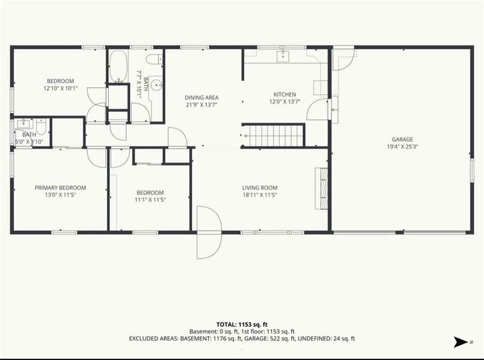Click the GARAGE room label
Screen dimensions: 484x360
(402, 140)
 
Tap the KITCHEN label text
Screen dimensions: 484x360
(285, 95)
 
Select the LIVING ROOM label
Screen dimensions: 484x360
(259, 188)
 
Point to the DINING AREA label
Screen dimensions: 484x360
(201, 97)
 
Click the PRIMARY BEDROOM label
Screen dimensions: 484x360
(60, 188)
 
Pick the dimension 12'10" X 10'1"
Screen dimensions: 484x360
(60, 88)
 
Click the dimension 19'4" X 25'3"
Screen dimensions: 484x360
(402, 147)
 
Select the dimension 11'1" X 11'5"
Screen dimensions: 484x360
(150, 200)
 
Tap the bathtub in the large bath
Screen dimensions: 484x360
(118, 66)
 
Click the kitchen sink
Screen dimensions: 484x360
(283, 56)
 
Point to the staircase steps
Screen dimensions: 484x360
(273, 135)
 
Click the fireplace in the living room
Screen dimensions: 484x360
(321, 188)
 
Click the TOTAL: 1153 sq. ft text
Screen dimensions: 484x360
(242, 325)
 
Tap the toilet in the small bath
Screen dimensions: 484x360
(41, 126)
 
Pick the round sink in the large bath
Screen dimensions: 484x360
(157, 84)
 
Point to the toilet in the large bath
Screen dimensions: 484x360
(154, 59)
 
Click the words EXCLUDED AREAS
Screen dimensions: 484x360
(153, 339)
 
